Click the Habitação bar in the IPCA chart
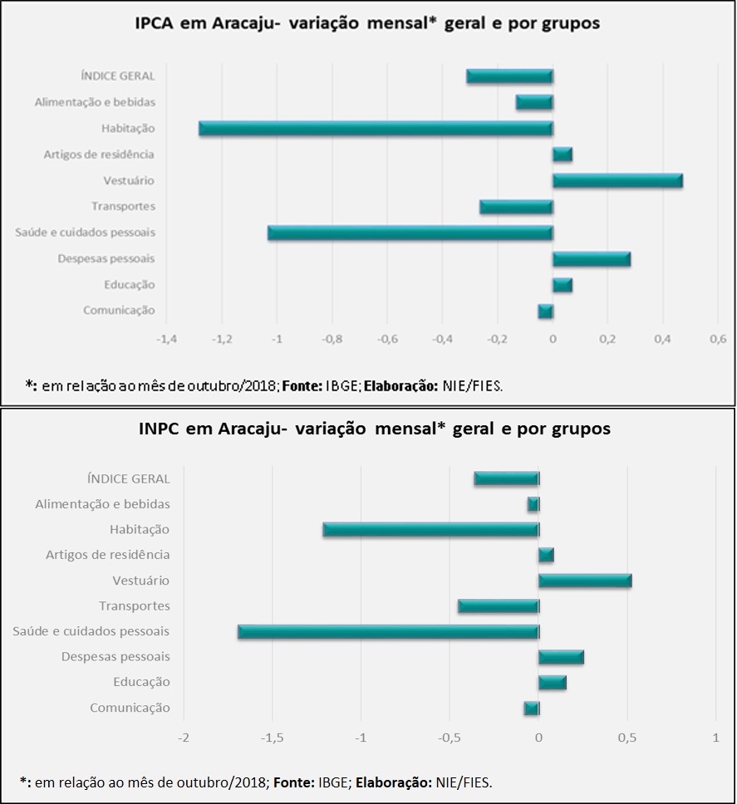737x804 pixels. pos(376,129)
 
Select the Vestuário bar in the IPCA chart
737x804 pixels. pos(617,181)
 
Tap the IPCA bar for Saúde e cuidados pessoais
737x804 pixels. pos(410,233)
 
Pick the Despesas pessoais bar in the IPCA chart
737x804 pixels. pos(591,259)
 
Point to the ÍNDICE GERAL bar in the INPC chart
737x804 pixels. pos(506,478)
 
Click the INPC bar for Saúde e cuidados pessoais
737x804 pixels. pos(388,632)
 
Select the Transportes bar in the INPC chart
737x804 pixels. pos(498,606)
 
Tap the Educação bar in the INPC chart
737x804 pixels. pos(552,683)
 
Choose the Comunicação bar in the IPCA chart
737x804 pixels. pos(545,311)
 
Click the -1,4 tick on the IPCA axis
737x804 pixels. pos(167,340)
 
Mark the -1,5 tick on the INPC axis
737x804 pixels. pos(272,738)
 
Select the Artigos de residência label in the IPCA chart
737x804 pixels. pos(99,154)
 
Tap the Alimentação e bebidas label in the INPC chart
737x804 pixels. pos(102,504)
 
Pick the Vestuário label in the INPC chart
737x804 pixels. pos(140,581)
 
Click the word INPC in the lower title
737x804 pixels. pos(161,429)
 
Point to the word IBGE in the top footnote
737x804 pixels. pos(349,385)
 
